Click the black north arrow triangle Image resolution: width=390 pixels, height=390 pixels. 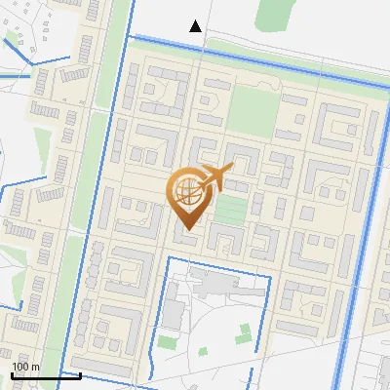tap(196, 26)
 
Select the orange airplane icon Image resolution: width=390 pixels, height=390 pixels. tap(218, 176)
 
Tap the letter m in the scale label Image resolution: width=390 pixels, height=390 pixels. tap(36, 367)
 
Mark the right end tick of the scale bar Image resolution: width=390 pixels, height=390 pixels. tap(80, 373)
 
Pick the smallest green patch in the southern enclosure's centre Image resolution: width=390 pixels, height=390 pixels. tap(203, 351)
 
